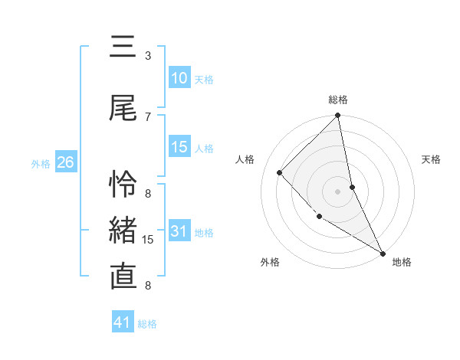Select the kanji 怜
click(x=123, y=184)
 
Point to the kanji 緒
click(x=123, y=231)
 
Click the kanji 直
click(x=123, y=277)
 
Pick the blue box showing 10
click(x=179, y=79)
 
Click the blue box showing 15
click(x=179, y=148)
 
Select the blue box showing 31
click(x=179, y=232)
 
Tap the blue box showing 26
click(x=65, y=163)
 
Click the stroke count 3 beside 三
click(x=148, y=56)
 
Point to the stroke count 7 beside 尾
click(x=148, y=116)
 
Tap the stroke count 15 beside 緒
click(x=149, y=240)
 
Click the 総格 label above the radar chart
click(x=338, y=100)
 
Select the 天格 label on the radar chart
click(x=431, y=159)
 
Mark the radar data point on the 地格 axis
click(x=383, y=253)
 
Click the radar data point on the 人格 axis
click(x=280, y=172)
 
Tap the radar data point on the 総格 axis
click(x=338, y=116)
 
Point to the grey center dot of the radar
click(x=338, y=191)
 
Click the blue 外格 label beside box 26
click(x=41, y=164)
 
